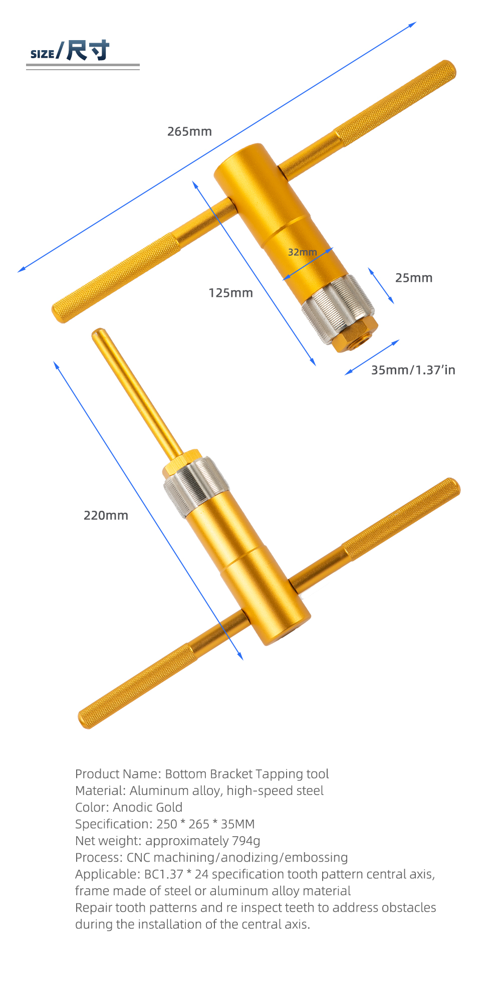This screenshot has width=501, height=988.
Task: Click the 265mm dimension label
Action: [x=189, y=131]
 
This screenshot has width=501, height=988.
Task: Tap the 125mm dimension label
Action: [x=230, y=293]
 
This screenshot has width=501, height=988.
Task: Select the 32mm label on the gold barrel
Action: [x=302, y=252]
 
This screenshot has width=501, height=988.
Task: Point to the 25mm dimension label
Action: [x=413, y=278]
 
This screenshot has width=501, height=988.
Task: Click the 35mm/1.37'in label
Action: [x=413, y=370]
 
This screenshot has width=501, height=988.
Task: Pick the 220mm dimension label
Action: [x=106, y=515]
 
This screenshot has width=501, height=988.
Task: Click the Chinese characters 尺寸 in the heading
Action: [x=88, y=50]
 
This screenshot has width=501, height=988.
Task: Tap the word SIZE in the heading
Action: [x=42, y=54]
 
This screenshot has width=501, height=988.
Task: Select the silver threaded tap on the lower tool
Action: [x=196, y=486]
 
